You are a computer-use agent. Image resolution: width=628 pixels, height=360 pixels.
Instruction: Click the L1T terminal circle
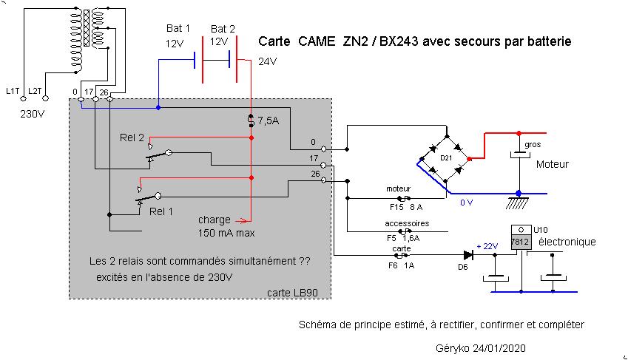click(x=23, y=98)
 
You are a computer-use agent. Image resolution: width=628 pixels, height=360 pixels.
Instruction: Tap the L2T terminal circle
click(x=46, y=98)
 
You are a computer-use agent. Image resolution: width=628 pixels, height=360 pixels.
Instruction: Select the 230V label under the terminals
click(x=32, y=114)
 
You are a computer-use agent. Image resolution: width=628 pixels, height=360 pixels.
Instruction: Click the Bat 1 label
click(x=178, y=28)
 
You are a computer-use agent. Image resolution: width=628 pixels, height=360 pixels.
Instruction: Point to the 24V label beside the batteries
click(x=267, y=61)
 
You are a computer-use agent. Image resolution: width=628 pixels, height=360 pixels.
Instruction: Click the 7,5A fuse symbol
click(x=251, y=120)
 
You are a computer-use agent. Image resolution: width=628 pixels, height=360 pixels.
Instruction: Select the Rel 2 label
click(x=132, y=137)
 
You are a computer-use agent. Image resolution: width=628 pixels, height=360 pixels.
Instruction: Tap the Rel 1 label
click(x=161, y=211)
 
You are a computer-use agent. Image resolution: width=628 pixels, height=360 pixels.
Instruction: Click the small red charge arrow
click(x=243, y=220)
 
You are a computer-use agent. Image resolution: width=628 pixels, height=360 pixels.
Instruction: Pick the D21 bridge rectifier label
click(x=446, y=158)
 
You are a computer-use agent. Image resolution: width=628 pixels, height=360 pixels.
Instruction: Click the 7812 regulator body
click(x=521, y=242)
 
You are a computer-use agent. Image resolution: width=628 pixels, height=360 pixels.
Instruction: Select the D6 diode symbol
click(x=467, y=255)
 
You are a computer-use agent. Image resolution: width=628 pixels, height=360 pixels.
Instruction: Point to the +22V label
click(x=487, y=246)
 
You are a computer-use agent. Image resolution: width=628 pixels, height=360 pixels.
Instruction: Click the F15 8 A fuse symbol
click(x=404, y=198)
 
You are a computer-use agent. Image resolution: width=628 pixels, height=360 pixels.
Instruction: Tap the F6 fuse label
click(x=393, y=265)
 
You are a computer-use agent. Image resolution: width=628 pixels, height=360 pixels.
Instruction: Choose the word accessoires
click(x=407, y=223)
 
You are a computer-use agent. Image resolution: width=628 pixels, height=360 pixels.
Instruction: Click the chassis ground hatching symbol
click(x=517, y=203)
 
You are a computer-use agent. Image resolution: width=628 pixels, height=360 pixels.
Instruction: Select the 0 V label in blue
click(x=466, y=203)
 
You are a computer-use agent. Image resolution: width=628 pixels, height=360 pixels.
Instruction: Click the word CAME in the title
click(x=317, y=41)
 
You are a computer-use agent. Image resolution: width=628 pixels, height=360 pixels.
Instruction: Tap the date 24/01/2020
click(x=499, y=348)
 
